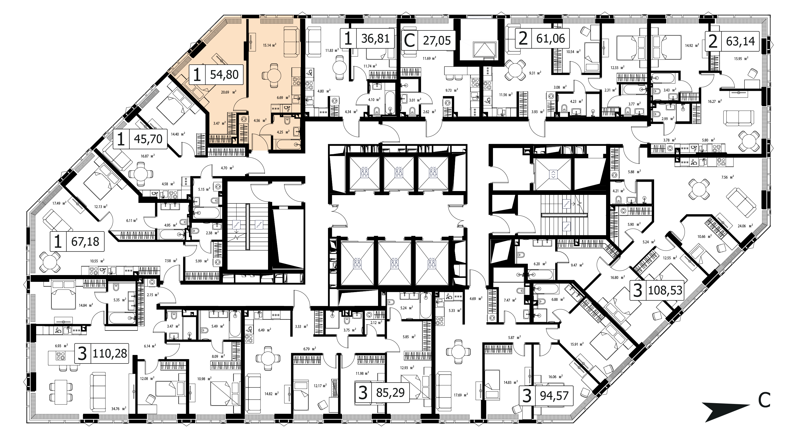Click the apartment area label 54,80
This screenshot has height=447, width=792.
point(224,74)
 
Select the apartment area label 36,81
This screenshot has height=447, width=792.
point(375,39)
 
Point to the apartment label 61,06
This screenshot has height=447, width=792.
point(550,39)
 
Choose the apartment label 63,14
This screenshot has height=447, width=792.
point(740,41)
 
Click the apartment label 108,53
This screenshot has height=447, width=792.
point(665,290)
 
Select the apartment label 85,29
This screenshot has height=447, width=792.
point(390,392)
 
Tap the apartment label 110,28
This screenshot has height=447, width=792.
point(110,353)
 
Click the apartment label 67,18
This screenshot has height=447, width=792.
point(85,242)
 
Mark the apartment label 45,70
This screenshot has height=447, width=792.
point(148,139)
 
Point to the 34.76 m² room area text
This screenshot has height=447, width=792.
point(120,409)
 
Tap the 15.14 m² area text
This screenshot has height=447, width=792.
point(269,45)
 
